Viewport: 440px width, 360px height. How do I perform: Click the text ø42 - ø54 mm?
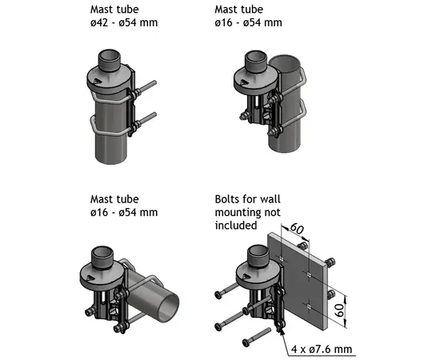(124, 23)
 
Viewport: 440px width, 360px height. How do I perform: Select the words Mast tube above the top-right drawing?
(238, 9)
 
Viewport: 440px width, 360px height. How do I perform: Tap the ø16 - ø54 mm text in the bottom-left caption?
(124, 212)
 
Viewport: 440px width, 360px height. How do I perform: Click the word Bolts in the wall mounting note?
(228, 198)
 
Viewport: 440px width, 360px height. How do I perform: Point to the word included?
(236, 226)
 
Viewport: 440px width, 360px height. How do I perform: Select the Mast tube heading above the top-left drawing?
(115, 9)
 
